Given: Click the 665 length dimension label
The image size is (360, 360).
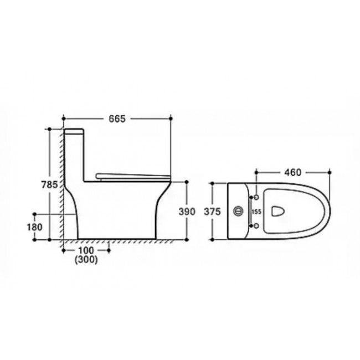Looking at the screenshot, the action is click(x=117, y=119).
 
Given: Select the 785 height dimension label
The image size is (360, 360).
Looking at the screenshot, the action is click(x=49, y=184).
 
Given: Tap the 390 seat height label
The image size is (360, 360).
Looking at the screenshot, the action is click(x=187, y=212).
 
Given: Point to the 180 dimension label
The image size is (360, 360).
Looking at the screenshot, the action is click(x=35, y=227).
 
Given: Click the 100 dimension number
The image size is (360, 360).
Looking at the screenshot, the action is click(x=86, y=250).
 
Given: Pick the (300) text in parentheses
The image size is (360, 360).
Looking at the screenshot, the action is click(x=86, y=260).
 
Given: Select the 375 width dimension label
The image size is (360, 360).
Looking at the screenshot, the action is click(x=212, y=212).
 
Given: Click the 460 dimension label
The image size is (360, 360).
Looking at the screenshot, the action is click(x=292, y=172).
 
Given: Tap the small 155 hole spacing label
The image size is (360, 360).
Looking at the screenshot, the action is click(x=256, y=212).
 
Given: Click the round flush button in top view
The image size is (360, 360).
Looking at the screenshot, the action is click(x=238, y=211).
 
